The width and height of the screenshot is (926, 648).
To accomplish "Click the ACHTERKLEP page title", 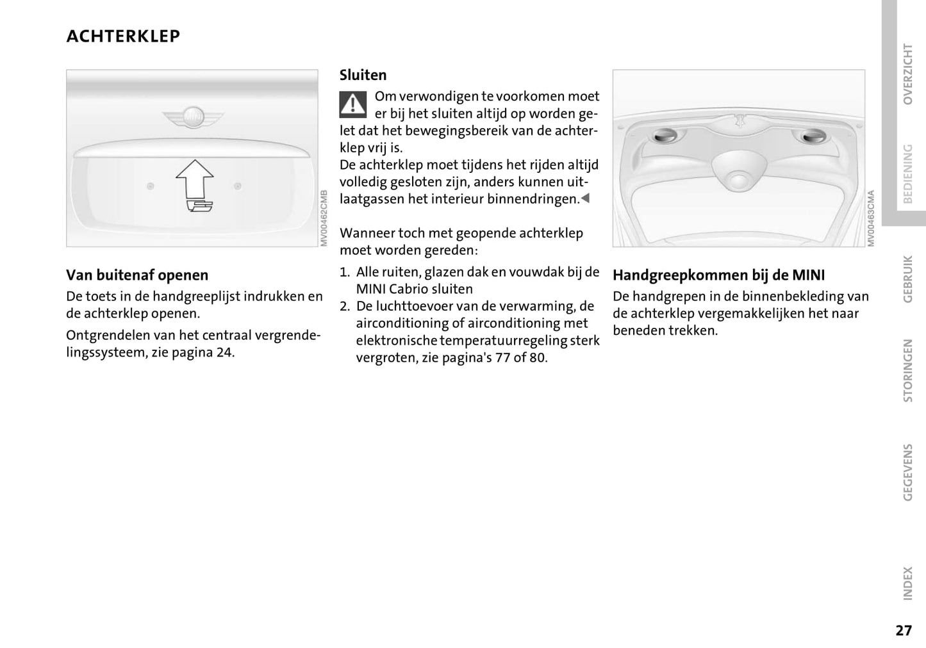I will pyautogui.click(x=123, y=36).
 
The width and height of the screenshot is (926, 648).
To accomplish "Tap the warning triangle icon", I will pyautogui.click(x=352, y=104).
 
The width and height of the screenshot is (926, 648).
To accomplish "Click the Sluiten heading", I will pyautogui.click(x=363, y=75).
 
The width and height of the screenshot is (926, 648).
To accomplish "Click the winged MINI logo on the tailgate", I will pyautogui.click(x=193, y=117).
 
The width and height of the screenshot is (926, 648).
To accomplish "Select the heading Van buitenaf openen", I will pyautogui.click(x=137, y=275).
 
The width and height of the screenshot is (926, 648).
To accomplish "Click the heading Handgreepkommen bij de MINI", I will pyautogui.click(x=718, y=275).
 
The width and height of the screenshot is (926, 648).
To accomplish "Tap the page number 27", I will pyautogui.click(x=903, y=630).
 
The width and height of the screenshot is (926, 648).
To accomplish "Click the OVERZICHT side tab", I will pyautogui.click(x=907, y=74).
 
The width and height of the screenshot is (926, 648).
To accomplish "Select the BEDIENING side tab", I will pyautogui.click(x=907, y=173).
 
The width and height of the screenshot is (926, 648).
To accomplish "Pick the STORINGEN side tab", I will pyautogui.click(x=907, y=370).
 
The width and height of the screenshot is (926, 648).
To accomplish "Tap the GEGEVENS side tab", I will pyautogui.click(x=907, y=472).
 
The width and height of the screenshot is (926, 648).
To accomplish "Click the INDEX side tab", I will pyautogui.click(x=907, y=583).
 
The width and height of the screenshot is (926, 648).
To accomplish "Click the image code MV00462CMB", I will pyautogui.click(x=324, y=218).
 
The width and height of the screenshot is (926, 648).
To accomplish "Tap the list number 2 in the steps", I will pyautogui.click(x=345, y=306).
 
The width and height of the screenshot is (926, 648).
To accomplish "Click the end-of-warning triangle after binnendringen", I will pyautogui.click(x=584, y=198).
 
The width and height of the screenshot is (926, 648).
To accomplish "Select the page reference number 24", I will pyautogui.click(x=224, y=352).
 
